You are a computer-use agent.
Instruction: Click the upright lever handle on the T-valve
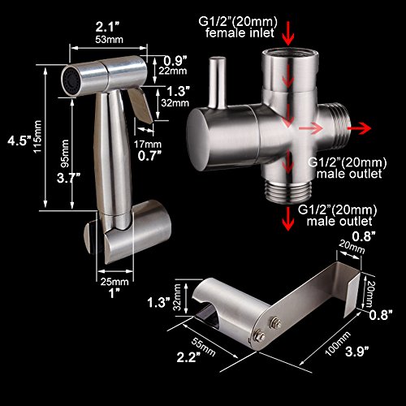click(x=218, y=80)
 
